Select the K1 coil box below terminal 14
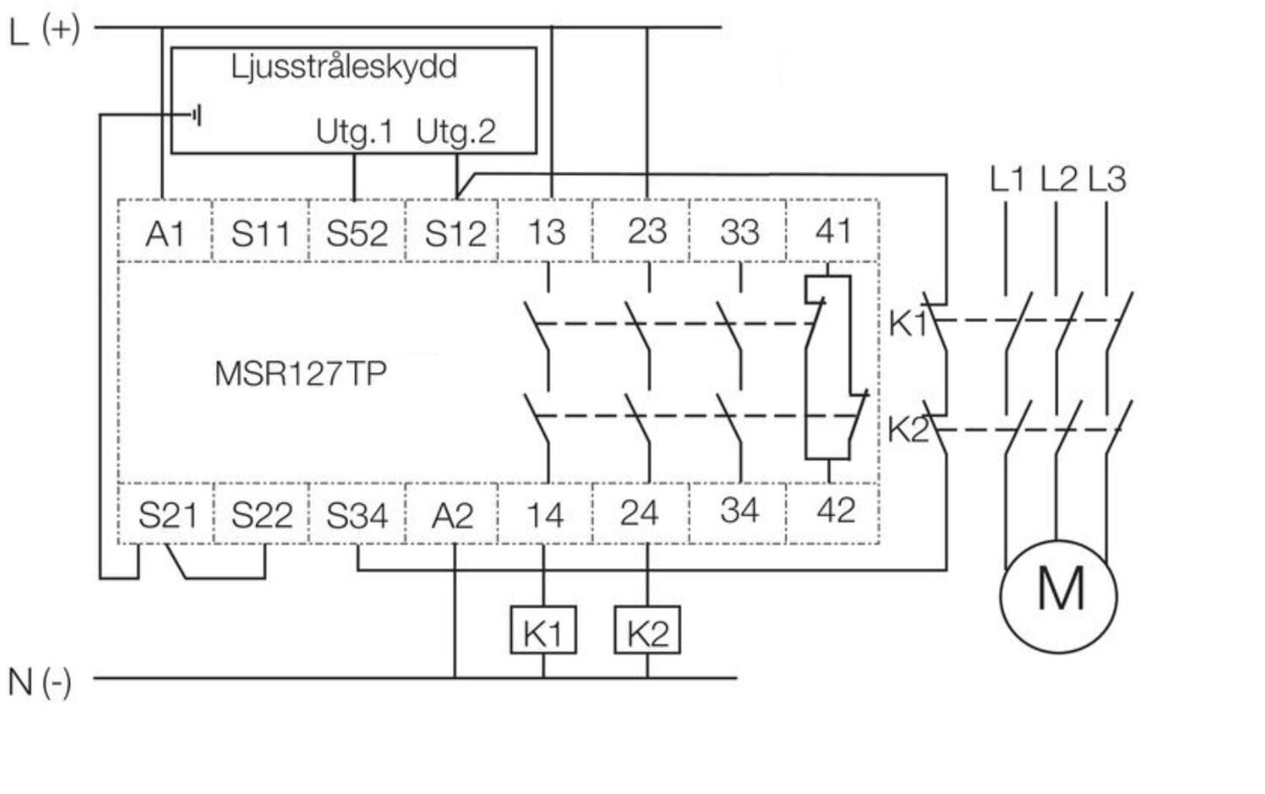coord(543,630)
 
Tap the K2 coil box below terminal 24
coord(647,630)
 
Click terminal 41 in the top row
coord(833,231)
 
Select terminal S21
coord(168,514)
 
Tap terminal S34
coord(357,515)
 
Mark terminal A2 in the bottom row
coord(453,515)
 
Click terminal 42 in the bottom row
coord(836,511)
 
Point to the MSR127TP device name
coord(300,373)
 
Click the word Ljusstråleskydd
coord(344,67)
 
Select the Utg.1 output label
coord(354,131)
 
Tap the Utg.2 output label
coord(455,131)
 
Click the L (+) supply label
coord(45,30)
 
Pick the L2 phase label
coord(1058,179)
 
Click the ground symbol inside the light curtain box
coord(196,115)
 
